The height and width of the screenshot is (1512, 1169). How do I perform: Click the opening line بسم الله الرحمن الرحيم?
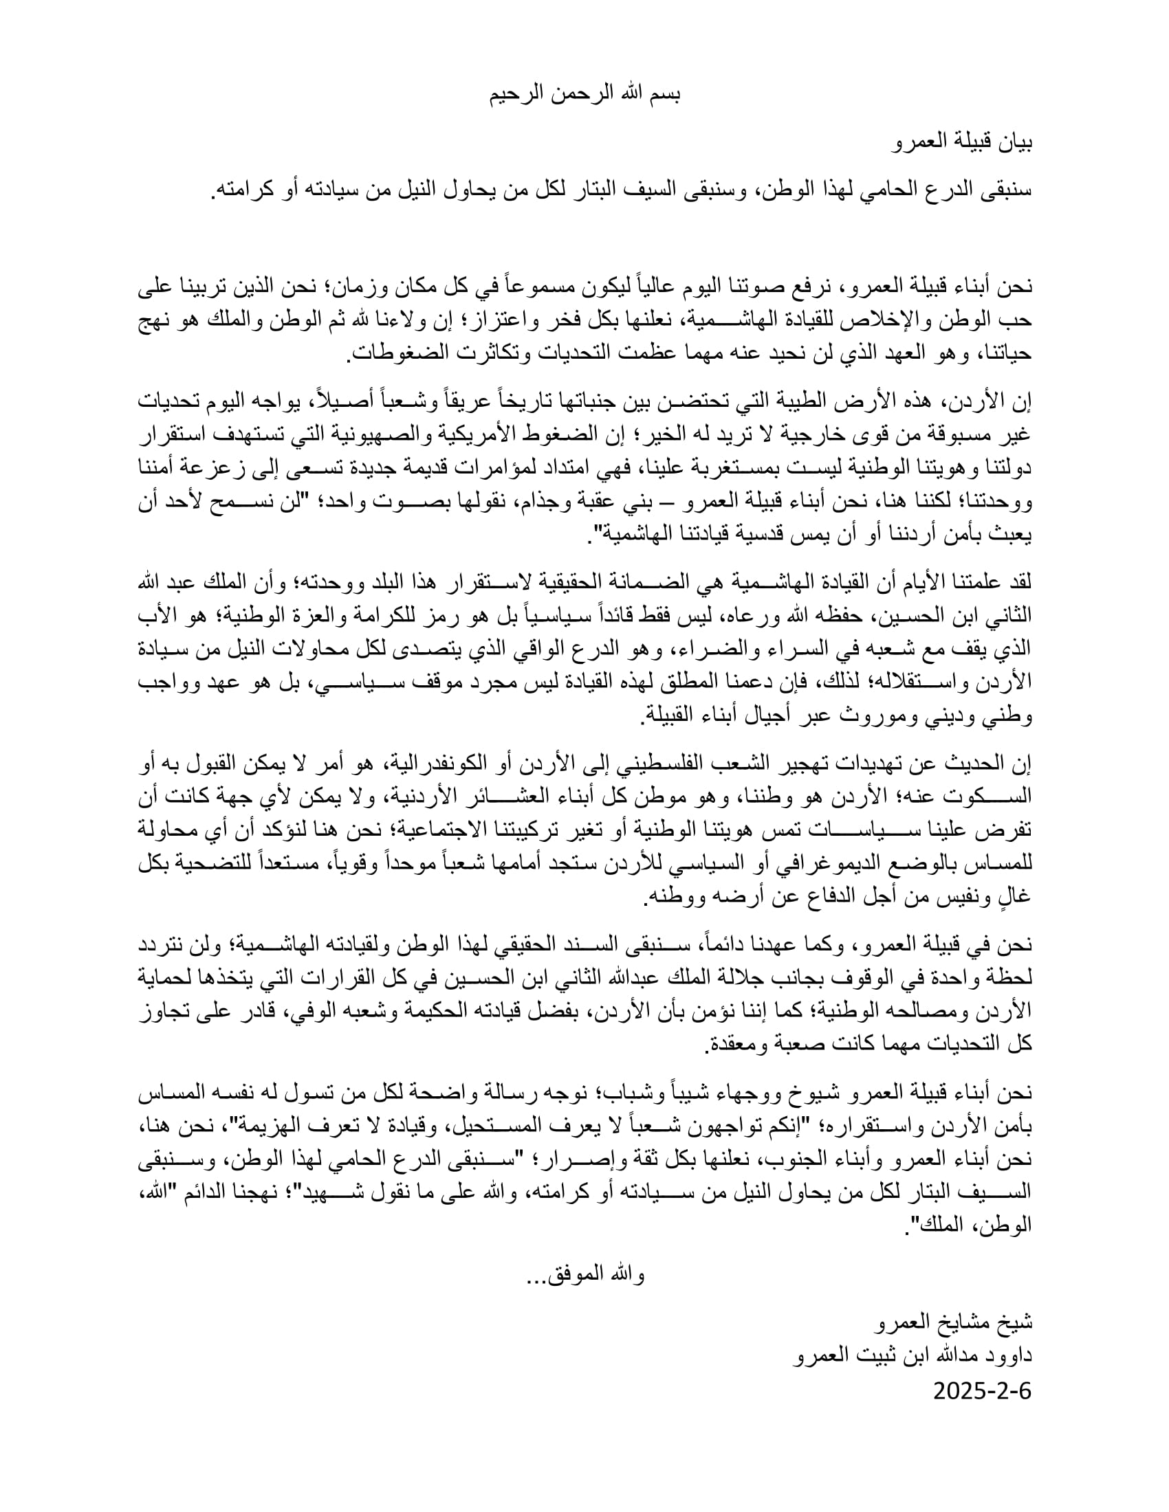584,95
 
